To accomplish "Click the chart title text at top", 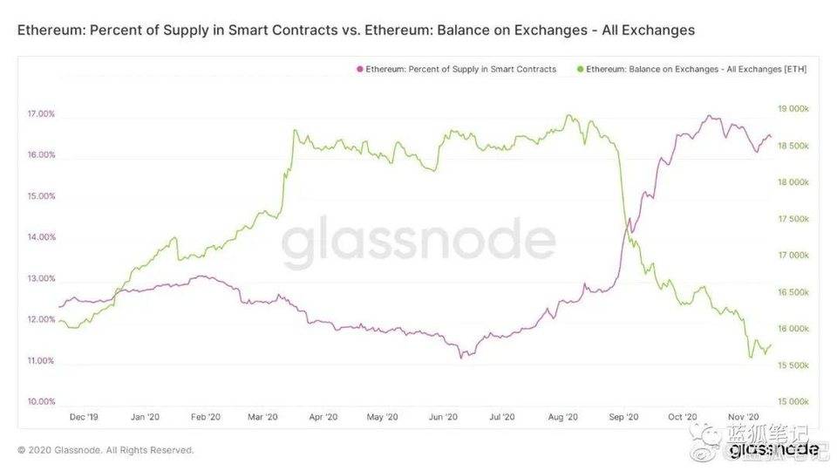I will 356,30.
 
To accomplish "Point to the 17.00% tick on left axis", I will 41,114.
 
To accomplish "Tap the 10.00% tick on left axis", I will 41,402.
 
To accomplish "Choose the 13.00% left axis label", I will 41,279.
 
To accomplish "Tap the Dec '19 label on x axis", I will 84,418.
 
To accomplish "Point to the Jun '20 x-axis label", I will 443,418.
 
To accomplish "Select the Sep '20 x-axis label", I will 624,418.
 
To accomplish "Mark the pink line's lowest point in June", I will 462,357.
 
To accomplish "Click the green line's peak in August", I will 568,114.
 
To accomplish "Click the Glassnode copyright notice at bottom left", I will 105,450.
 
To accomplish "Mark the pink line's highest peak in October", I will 709,115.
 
